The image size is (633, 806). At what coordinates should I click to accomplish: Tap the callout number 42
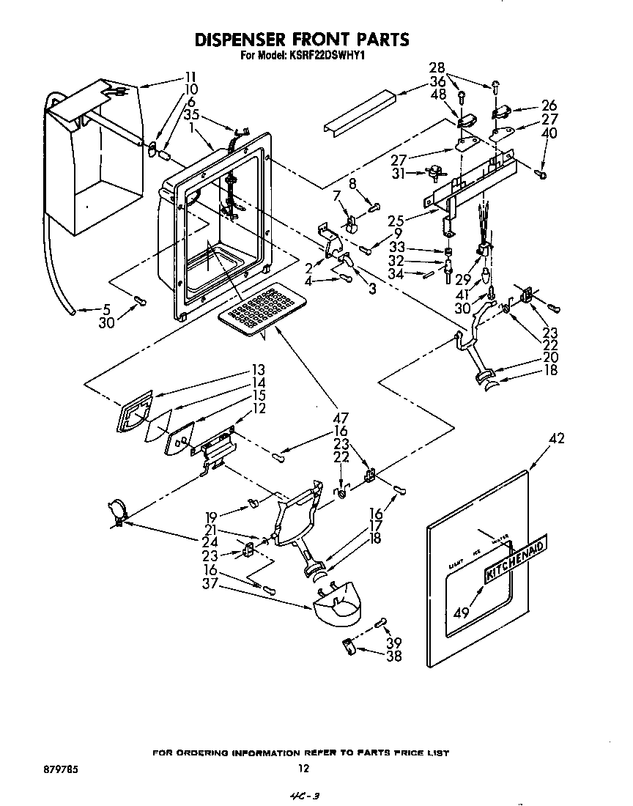point(557,440)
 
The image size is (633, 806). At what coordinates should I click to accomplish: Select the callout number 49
point(461,613)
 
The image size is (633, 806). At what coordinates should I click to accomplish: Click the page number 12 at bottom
point(304,769)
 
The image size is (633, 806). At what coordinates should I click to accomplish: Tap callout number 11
point(190,76)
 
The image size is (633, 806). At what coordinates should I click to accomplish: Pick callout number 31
point(401,173)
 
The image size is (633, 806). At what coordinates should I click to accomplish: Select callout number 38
point(394,656)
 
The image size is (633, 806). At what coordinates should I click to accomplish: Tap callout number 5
point(107,309)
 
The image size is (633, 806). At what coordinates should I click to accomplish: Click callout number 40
point(550,132)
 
